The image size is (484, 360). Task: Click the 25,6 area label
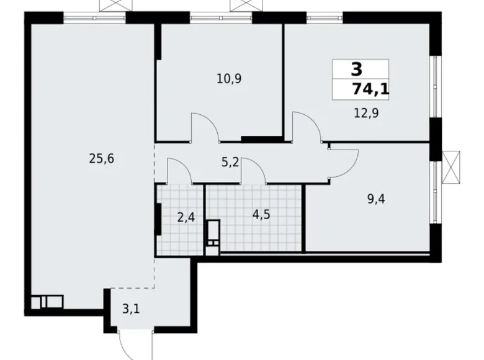[x=102, y=158]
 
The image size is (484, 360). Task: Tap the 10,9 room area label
[x=230, y=79]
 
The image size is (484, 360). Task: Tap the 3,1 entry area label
[x=130, y=306]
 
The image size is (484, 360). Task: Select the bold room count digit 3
[x=357, y=69]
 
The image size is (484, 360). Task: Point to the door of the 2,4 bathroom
[x=179, y=171]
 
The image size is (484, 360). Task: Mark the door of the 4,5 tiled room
[x=254, y=171]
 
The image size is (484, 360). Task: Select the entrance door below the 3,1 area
[x=133, y=344]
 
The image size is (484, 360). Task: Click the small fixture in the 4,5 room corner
[x=213, y=238]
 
